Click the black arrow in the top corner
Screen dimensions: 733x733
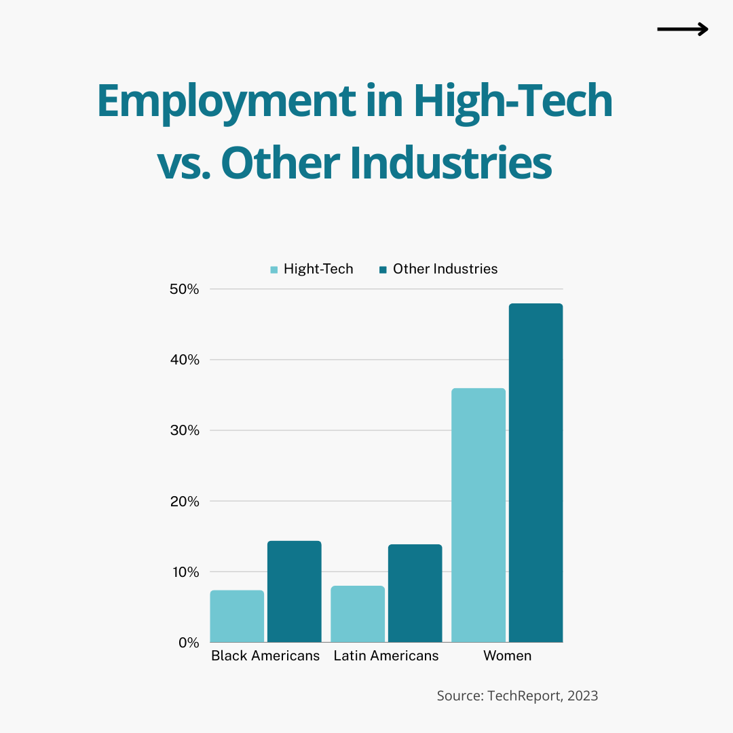(x=683, y=29)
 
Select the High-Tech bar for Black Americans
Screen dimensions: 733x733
(x=237, y=616)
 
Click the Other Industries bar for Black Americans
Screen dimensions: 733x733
(x=294, y=591)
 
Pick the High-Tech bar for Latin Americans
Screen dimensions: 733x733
(x=358, y=614)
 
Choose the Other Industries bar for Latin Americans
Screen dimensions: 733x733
(x=415, y=593)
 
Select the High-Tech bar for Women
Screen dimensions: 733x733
(x=478, y=515)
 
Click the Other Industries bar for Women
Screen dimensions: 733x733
(x=535, y=472)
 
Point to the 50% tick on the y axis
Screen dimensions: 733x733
(x=184, y=289)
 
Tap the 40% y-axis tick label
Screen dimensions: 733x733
(x=184, y=360)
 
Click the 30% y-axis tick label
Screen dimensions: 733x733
(x=184, y=430)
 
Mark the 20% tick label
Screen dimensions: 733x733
(x=184, y=502)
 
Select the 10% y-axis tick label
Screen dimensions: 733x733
(x=184, y=572)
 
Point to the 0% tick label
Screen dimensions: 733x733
(x=188, y=643)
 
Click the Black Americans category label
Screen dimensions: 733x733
(x=265, y=656)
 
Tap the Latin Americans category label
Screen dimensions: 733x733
(x=386, y=656)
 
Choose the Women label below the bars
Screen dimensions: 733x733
(x=507, y=656)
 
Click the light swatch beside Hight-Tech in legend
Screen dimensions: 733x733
(x=274, y=269)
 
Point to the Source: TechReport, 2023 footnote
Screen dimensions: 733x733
(x=517, y=696)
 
